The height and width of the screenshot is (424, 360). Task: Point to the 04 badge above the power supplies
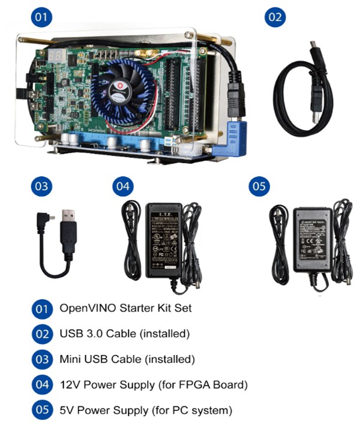(122, 187)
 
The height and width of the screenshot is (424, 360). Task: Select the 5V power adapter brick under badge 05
(313, 238)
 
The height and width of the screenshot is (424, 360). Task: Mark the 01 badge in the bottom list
(41, 309)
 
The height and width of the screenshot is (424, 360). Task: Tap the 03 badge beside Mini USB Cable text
(41, 359)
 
